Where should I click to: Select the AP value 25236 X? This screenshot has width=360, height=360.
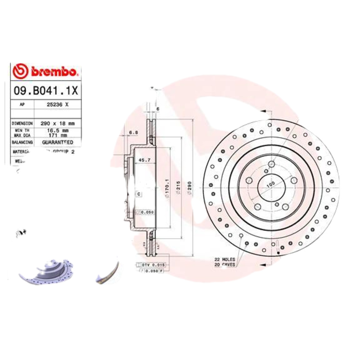(x=58, y=104)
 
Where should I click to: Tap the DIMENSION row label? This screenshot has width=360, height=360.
(x=22, y=123)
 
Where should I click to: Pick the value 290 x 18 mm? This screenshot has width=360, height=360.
(x=58, y=123)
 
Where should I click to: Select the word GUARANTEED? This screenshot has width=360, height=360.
(x=58, y=142)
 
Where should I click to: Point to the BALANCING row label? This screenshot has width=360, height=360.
(x=22, y=142)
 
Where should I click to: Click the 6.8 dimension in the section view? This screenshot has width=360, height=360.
(x=133, y=132)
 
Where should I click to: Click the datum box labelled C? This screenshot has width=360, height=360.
(x=139, y=193)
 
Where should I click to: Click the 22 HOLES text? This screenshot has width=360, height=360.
(x=224, y=260)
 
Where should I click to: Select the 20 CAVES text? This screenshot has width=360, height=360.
(x=224, y=265)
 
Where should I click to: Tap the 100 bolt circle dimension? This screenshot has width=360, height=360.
(x=270, y=184)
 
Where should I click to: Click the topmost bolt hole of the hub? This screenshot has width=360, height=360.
(x=271, y=164)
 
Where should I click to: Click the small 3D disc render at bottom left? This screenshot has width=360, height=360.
(x=47, y=272)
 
